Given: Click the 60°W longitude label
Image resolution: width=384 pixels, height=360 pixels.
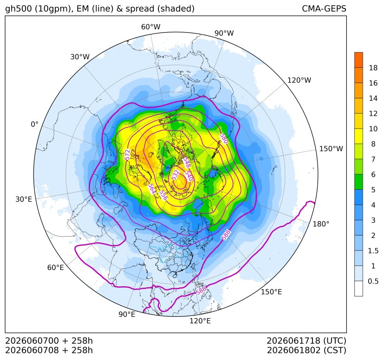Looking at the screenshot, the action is [150, 27].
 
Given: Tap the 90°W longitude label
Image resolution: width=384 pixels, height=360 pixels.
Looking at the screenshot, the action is [224, 33].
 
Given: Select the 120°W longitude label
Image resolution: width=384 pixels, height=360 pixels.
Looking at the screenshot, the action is [299, 80].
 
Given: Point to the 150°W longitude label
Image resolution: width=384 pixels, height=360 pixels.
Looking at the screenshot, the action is [331, 148].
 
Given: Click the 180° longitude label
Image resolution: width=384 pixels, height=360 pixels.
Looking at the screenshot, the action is [321, 224].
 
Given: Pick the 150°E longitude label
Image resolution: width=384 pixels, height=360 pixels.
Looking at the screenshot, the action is [271, 292].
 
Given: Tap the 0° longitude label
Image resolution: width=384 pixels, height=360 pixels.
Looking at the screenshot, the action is [34, 124].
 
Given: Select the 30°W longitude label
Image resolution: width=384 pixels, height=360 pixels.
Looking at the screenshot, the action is [80, 57].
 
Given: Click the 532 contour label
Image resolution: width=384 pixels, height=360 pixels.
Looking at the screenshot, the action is [176, 175].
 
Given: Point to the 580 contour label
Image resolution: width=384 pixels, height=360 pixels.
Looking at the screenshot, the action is [224, 139].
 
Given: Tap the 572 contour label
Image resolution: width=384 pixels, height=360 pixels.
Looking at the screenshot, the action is [128, 154].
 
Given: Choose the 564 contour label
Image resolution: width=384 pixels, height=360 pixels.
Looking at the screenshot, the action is [151, 189].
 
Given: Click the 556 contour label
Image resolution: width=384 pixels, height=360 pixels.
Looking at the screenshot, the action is [163, 195].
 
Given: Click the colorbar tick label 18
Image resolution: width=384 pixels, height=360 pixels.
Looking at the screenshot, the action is [373, 68].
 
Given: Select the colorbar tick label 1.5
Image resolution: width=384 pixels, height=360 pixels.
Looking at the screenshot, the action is [373, 251].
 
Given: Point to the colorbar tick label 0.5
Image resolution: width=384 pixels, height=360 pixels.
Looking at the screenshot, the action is [373, 281].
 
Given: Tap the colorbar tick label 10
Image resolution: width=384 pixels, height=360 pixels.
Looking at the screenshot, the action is [373, 129].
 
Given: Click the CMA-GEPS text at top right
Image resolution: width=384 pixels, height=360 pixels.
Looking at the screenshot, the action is [324, 8].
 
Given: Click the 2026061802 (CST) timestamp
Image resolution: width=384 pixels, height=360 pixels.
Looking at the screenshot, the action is [306, 350].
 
